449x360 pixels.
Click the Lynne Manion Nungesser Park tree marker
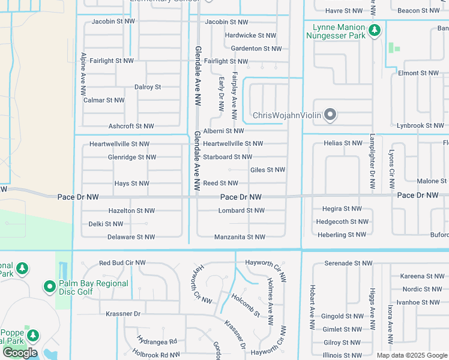tap(375, 30)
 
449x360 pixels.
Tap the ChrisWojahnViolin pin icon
tap(330, 115)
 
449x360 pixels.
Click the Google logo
tap(20, 353)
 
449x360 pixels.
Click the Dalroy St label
tap(148, 87)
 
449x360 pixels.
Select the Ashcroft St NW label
tap(131, 126)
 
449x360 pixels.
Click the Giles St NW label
tap(267, 170)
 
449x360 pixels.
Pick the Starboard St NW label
tap(227, 157)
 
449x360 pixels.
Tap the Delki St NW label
tap(106, 224)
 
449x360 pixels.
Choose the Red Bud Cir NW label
tap(122, 263)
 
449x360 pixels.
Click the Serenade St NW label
tap(348, 263)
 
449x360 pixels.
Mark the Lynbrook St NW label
tap(420, 125)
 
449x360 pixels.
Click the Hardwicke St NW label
tap(250, 35)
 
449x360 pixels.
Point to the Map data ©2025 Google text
tap(411, 355)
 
